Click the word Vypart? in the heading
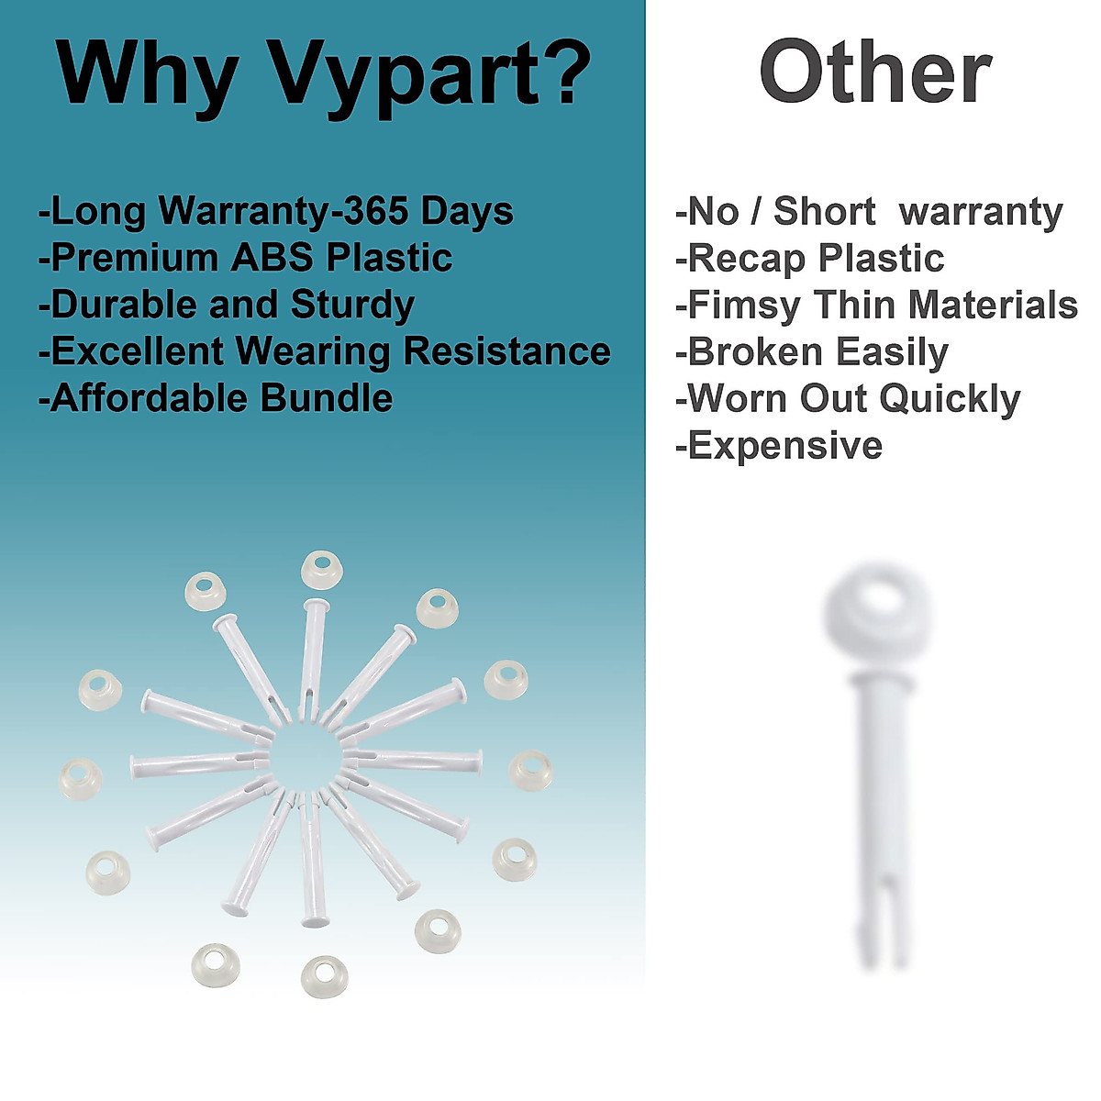coord(430,77)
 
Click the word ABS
coord(272,257)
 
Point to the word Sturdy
coord(352,306)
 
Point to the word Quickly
coord(950,399)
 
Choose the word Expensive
coord(785,446)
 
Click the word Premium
coord(135,257)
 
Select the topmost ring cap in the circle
coord(322,570)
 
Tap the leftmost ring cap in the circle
coord(81,779)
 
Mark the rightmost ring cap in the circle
coord(531,770)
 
